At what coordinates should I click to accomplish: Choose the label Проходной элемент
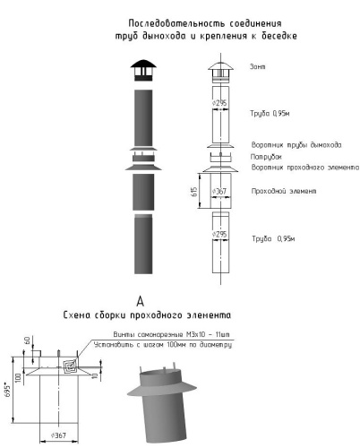[x=282, y=192]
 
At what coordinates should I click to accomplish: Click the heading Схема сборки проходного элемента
[x=149, y=315]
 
